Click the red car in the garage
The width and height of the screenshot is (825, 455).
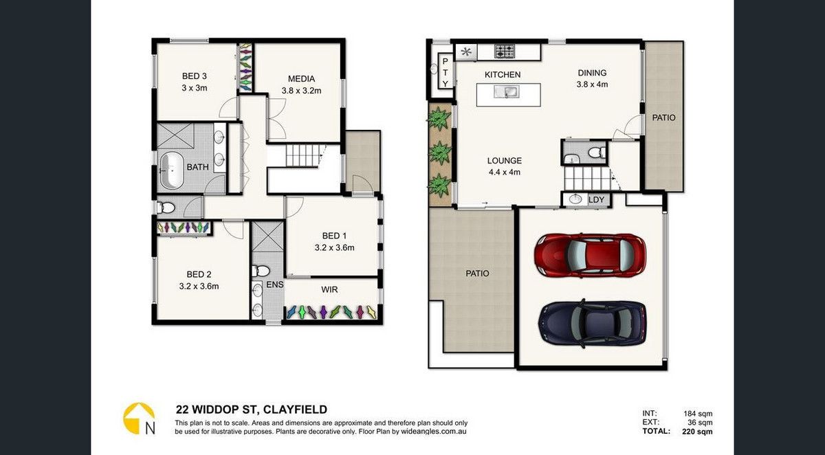[591, 255]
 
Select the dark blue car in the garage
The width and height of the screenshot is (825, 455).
[592, 324]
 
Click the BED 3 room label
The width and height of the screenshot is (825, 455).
[195, 76]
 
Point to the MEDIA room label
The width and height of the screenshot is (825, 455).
[301, 79]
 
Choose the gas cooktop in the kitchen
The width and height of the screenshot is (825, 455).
[505, 51]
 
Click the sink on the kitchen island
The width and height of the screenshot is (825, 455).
[507, 92]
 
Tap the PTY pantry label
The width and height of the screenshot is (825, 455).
[445, 72]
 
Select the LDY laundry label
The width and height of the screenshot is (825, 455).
[596, 199]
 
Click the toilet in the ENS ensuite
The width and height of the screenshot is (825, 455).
[261, 271]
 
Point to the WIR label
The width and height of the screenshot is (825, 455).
[329, 290]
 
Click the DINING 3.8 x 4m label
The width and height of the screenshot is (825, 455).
[592, 78]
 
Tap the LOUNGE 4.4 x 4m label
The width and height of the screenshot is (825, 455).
[504, 166]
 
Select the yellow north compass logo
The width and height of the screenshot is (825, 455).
[139, 419]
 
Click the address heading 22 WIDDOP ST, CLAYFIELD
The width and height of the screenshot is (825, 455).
[252, 410]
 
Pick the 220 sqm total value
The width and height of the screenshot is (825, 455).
[697, 432]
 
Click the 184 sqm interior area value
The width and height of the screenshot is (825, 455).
[698, 413]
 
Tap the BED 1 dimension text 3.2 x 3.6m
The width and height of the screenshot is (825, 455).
[334, 247]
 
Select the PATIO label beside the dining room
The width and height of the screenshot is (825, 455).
[663, 118]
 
